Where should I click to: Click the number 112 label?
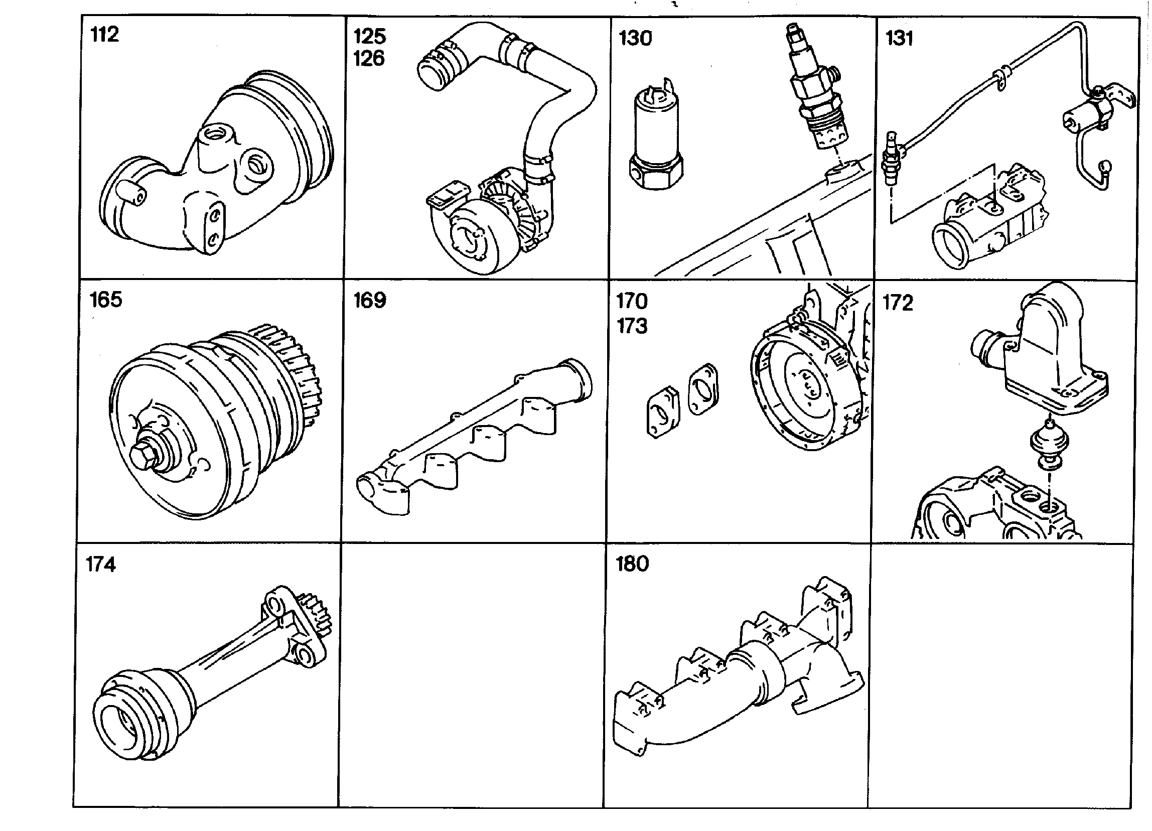(x=105, y=35)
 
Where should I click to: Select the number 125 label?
(x=369, y=36)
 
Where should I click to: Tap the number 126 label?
(x=369, y=58)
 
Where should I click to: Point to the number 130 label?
(x=635, y=38)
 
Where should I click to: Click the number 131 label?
(x=899, y=38)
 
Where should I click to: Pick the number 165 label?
(x=106, y=300)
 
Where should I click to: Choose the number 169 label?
(x=370, y=300)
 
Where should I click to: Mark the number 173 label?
(x=632, y=326)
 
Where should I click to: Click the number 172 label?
(x=898, y=303)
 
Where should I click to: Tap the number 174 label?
(x=100, y=565)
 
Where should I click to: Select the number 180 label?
(x=632, y=564)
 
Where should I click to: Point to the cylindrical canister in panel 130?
(x=655, y=135)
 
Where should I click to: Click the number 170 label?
(x=632, y=302)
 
